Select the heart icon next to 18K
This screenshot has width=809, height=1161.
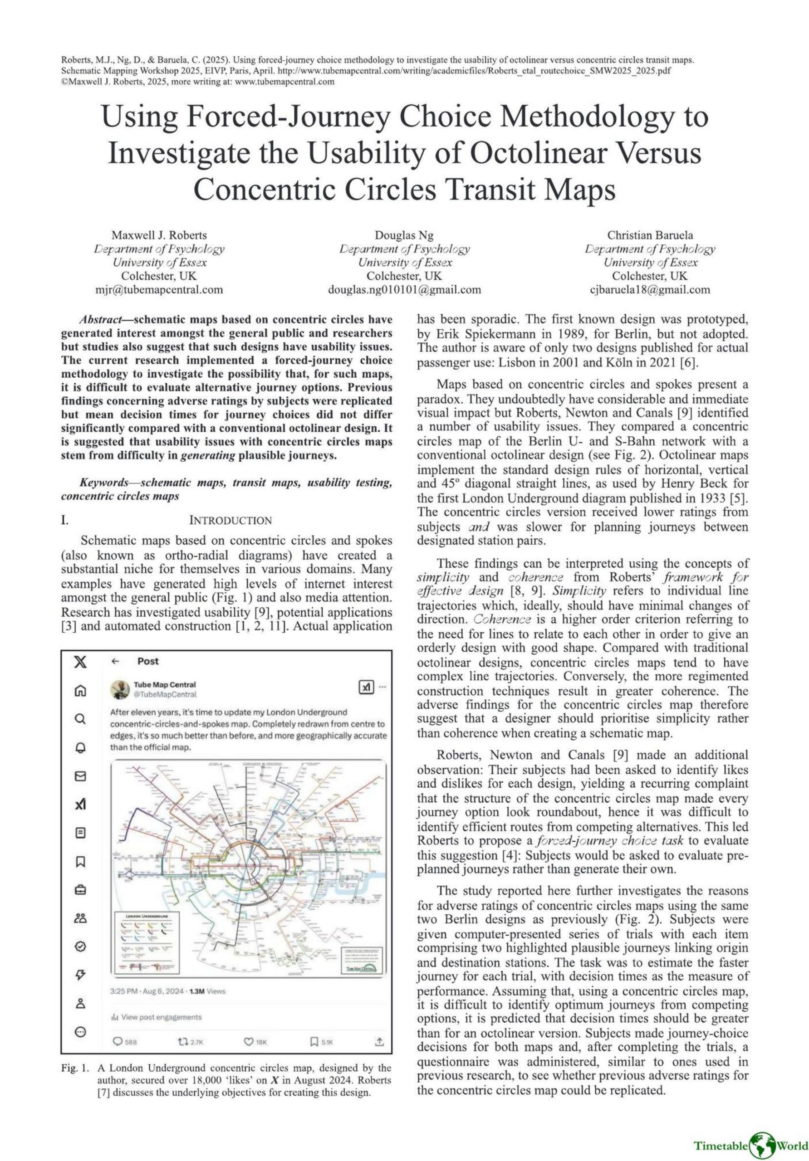click(249, 1042)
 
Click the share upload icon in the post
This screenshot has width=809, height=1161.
click(379, 1042)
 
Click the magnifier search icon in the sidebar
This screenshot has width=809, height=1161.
click(80, 718)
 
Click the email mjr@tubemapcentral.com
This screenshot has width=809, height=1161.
click(159, 290)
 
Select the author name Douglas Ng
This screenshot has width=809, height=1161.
click(404, 235)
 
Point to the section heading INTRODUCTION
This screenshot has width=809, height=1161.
click(230, 520)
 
